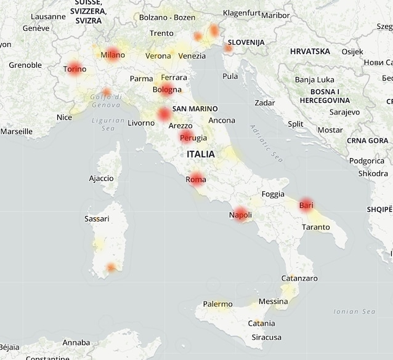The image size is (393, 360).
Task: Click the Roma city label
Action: pyautogui.click(x=196, y=180)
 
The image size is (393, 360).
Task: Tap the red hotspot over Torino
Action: pyautogui.click(x=75, y=69)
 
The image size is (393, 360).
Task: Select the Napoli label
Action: pyautogui.click(x=240, y=215)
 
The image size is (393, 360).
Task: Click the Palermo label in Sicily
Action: pyautogui.click(x=218, y=304)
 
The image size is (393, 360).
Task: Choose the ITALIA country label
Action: pyautogui.click(x=201, y=154)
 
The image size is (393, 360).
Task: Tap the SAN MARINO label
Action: pyautogui.click(x=195, y=109)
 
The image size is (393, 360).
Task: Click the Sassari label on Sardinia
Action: pyautogui.click(x=97, y=218)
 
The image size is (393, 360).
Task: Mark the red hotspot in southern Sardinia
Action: pyautogui.click(x=111, y=267)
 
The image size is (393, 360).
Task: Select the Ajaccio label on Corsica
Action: pyautogui.click(x=101, y=178)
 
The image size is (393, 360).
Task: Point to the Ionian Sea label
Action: pyautogui.click(x=354, y=311)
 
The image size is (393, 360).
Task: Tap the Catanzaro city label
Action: pyautogui.click(x=299, y=278)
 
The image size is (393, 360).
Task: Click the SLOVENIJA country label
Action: pyautogui.click(x=246, y=42)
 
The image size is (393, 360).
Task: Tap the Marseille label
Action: pyautogui.click(x=17, y=131)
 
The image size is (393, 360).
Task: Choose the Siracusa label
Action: pyautogui.click(x=266, y=337)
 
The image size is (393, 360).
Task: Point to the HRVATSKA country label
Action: pyautogui.click(x=310, y=51)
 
